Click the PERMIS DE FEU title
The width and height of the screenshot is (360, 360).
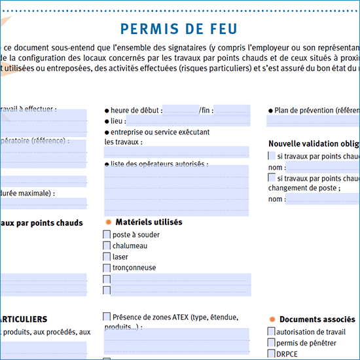179,29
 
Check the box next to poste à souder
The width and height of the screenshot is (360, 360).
107,234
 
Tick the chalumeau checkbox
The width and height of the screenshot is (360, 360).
107,245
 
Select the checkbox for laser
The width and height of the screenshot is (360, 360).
107,257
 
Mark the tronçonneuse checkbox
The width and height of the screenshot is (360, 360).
107,268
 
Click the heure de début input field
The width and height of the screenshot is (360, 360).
180,110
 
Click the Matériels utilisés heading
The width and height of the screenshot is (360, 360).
149,223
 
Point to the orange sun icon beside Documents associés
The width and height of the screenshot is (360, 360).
272,319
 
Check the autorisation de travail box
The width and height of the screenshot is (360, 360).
272,332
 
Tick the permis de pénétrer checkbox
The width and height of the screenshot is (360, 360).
272,342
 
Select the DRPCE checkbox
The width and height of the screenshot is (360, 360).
272,353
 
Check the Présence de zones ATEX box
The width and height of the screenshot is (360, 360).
107,317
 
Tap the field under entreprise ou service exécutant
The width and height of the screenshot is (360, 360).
177,152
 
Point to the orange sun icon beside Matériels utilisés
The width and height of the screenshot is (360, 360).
108,223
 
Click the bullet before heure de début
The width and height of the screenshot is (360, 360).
107,111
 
